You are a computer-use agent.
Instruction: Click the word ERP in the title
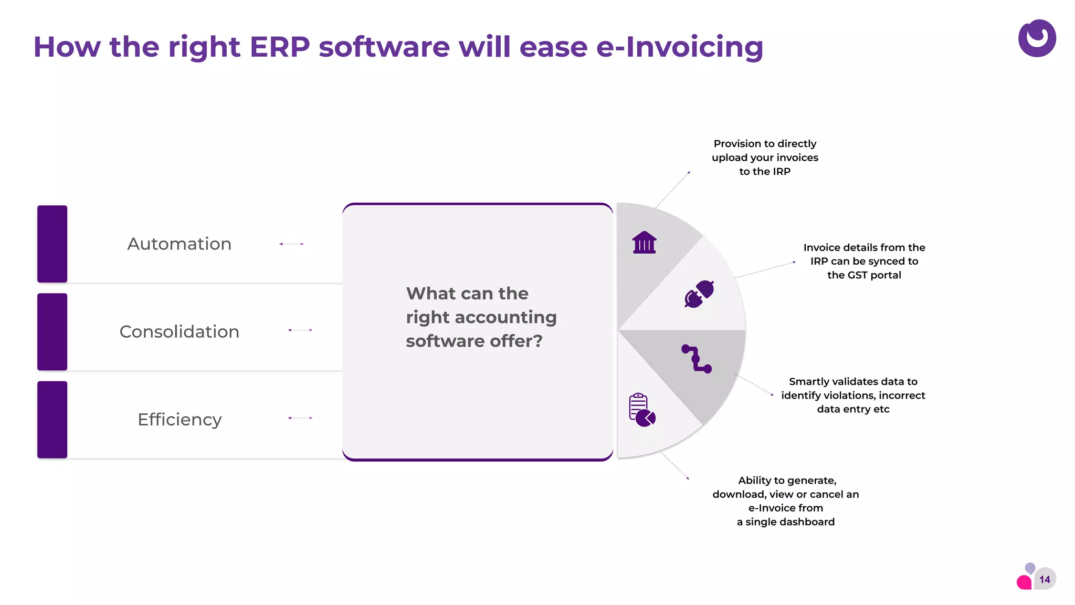[279, 47]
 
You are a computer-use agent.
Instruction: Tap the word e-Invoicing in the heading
[679, 47]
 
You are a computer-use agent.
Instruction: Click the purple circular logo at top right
[1037, 38]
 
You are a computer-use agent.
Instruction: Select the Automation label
[179, 244]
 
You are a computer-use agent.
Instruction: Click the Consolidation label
[179, 331]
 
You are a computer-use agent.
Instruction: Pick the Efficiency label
[180, 420]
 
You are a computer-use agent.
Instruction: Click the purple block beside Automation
[52, 244]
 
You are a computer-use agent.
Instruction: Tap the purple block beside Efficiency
[52, 420]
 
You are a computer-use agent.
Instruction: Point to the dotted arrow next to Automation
[291, 244]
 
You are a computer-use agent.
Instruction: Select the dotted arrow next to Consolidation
[300, 330]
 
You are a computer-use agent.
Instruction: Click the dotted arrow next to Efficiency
[300, 418]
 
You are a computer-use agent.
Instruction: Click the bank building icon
[644, 243]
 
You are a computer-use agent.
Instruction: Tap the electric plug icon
[699, 294]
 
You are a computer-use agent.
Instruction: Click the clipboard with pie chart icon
[641, 410]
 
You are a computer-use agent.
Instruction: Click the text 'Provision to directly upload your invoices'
[765, 151]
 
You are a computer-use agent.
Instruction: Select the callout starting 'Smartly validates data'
[853, 395]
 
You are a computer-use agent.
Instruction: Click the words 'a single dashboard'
[785, 521]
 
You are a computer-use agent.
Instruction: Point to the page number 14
[1045, 579]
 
